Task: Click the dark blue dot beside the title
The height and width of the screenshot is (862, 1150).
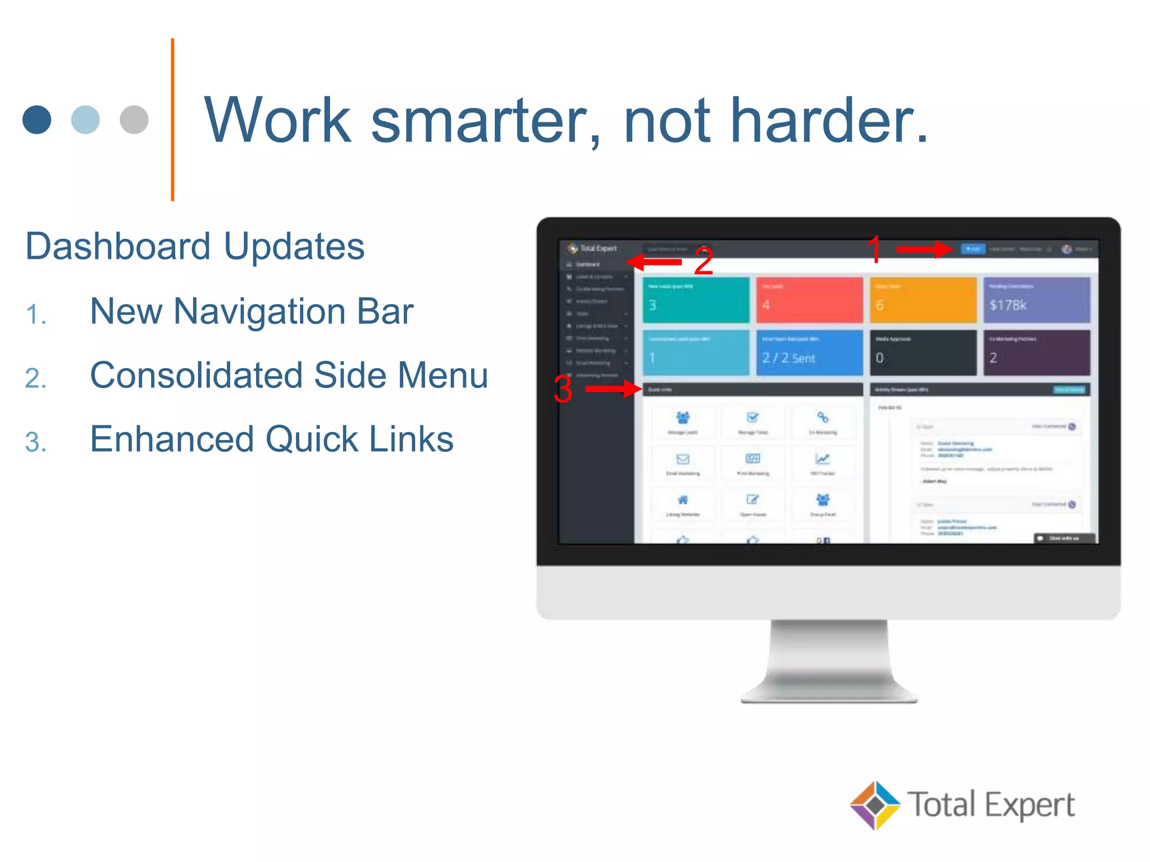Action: [37, 120]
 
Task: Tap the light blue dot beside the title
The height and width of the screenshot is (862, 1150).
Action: [85, 120]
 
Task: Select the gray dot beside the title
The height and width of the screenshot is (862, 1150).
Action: [134, 120]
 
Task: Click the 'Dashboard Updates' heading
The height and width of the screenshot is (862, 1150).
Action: [195, 246]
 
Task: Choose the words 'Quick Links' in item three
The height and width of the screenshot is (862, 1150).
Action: [359, 439]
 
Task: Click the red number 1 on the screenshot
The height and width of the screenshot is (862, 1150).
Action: [874, 249]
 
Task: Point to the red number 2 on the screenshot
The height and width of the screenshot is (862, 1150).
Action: [703, 262]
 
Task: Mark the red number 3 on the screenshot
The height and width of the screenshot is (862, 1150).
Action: [563, 389]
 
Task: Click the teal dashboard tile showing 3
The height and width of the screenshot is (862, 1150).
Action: [695, 300]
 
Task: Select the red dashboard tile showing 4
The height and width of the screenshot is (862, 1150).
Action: [809, 300]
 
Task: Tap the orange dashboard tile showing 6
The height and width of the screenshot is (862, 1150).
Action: [923, 300]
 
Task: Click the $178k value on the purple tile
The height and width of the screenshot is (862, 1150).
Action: [1007, 305]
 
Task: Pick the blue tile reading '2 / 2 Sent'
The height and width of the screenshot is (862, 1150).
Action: [809, 353]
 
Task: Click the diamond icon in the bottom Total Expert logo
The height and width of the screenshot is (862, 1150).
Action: [875, 805]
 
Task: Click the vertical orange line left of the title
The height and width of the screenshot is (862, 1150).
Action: [172, 120]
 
